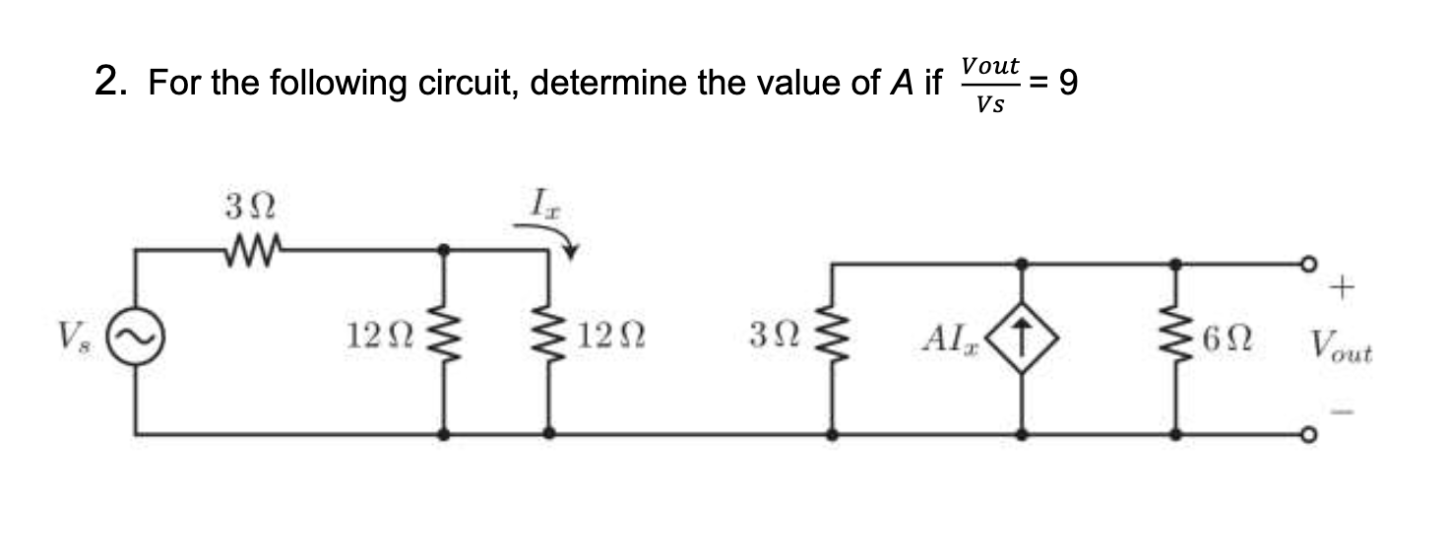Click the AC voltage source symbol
click(x=135, y=340)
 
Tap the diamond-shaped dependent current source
click(x=1024, y=340)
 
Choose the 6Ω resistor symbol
click(x=1176, y=341)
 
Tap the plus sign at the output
click(x=1342, y=288)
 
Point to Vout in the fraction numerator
click(x=989, y=65)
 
